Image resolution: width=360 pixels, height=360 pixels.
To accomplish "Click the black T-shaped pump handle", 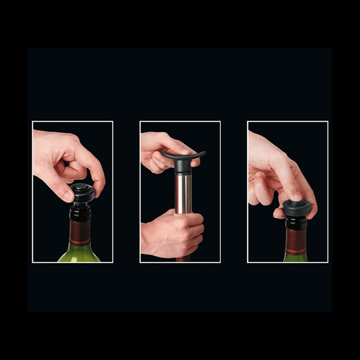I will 181,156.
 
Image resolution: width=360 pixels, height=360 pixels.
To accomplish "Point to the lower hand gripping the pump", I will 172,236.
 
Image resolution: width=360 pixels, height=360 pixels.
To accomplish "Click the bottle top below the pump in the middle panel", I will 183,259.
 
